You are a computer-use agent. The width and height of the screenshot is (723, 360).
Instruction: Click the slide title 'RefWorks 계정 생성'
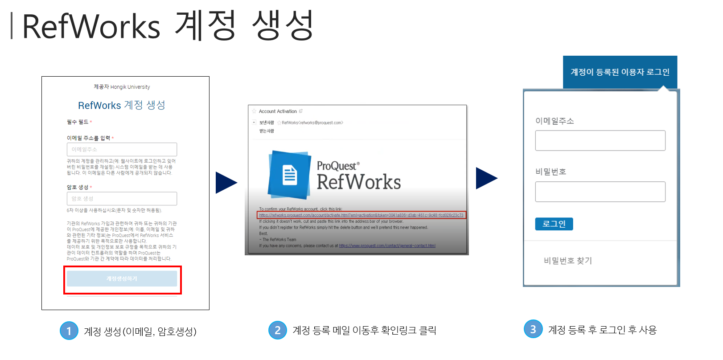[x=167, y=26]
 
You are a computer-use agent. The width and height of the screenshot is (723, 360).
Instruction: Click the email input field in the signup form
[x=122, y=149]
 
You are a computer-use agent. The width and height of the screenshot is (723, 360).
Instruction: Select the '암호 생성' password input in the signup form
[x=122, y=199]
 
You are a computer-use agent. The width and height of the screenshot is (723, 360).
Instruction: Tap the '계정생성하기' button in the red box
[x=122, y=279]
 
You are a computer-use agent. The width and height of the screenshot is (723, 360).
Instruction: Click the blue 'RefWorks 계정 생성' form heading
[x=122, y=105]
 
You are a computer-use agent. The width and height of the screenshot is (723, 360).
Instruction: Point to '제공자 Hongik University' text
[x=122, y=87]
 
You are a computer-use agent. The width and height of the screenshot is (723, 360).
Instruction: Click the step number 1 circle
[x=69, y=331]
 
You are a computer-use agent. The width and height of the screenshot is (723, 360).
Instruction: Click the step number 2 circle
[x=277, y=330]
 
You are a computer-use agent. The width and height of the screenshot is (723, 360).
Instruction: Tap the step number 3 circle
[x=533, y=329]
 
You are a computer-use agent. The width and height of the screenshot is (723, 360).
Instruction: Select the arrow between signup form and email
[x=226, y=183]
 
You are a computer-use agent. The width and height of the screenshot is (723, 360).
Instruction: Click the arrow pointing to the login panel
[x=486, y=178]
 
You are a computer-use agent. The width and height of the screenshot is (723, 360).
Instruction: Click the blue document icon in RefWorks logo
[x=290, y=175]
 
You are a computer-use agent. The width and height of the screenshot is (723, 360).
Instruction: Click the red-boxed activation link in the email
[x=361, y=215]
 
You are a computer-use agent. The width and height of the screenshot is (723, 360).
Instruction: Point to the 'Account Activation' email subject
[x=278, y=111]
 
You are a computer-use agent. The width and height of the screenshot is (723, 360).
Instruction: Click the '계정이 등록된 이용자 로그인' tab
[x=620, y=72]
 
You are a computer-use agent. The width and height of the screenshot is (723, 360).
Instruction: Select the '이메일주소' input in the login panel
[x=600, y=140]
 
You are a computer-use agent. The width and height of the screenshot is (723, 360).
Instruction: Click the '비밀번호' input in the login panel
[x=600, y=192]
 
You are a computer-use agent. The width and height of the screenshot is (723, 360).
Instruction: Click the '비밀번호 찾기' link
[x=568, y=261]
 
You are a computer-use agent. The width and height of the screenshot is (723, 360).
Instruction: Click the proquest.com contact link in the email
[x=387, y=245]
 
